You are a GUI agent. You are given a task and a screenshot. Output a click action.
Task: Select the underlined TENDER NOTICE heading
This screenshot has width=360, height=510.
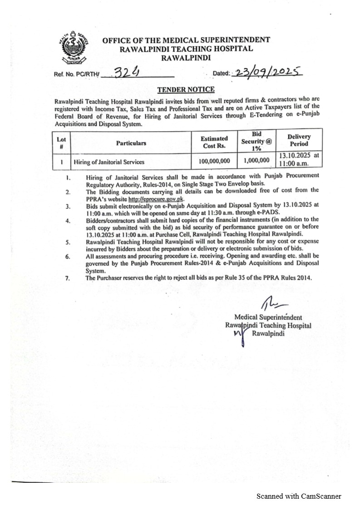(x=186, y=90)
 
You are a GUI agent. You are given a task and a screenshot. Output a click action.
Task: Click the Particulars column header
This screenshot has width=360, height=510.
(x=131, y=143)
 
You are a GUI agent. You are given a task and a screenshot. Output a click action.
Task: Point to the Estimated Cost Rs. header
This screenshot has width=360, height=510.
(x=215, y=142)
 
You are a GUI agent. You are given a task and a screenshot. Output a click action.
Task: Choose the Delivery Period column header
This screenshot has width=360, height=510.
(x=299, y=140)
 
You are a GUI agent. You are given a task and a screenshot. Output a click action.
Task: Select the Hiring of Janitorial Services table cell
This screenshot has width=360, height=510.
(x=109, y=162)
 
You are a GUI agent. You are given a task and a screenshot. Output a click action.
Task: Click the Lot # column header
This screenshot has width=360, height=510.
(x=61, y=143)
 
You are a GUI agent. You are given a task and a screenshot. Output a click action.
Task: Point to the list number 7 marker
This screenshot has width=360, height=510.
(x=67, y=277)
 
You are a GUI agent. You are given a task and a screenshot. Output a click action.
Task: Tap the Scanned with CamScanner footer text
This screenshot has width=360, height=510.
(x=299, y=496)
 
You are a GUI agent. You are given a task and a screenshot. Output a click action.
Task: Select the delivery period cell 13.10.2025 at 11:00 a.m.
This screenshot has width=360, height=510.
(x=299, y=159)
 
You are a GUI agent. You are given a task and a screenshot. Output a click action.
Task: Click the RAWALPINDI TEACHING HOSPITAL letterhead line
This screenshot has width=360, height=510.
(x=186, y=49)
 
